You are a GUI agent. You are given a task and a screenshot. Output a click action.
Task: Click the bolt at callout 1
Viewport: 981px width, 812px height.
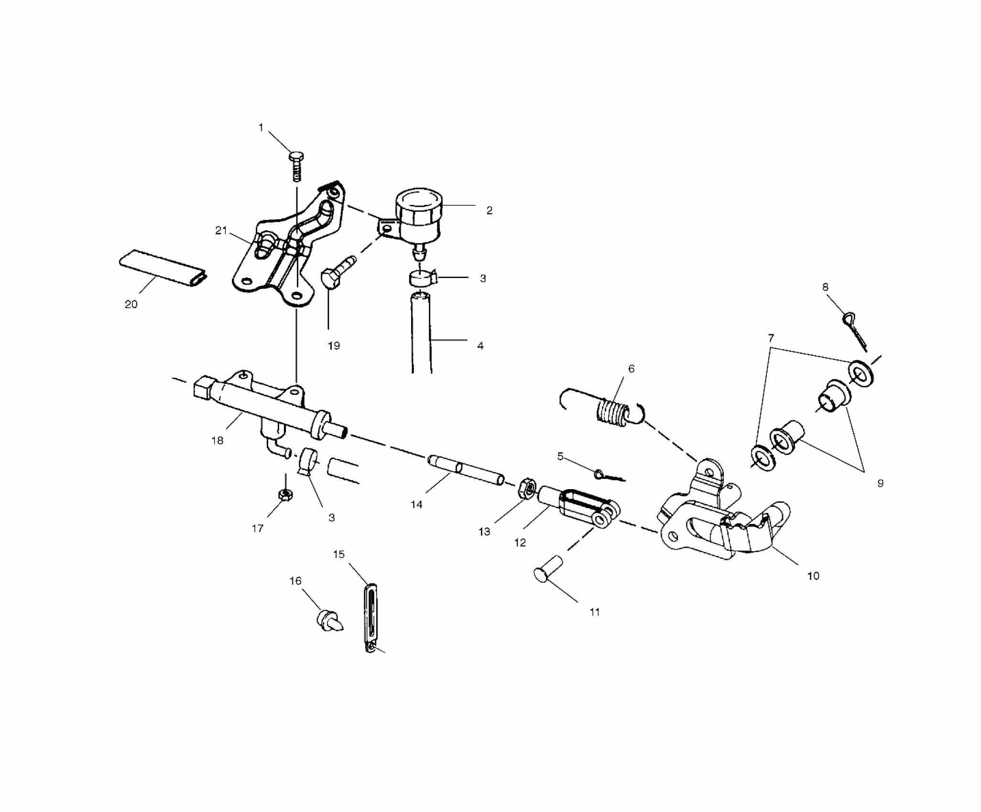pyautogui.click(x=297, y=165)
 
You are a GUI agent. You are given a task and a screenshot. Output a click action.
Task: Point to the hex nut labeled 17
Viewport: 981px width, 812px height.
pyautogui.click(x=285, y=495)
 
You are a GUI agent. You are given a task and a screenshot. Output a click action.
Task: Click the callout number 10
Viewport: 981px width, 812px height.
pyautogui.click(x=813, y=576)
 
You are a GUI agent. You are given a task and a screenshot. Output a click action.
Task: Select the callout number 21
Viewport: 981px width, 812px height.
pyautogui.click(x=221, y=231)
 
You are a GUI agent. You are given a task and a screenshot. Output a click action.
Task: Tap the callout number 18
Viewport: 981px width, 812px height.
pyautogui.click(x=218, y=440)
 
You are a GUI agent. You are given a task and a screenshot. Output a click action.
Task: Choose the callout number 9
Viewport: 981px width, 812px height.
pyautogui.click(x=880, y=483)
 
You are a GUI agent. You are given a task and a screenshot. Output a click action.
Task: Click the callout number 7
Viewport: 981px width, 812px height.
pyautogui.click(x=771, y=339)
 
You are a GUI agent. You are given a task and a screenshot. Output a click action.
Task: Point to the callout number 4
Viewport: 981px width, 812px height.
pyautogui.click(x=480, y=345)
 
